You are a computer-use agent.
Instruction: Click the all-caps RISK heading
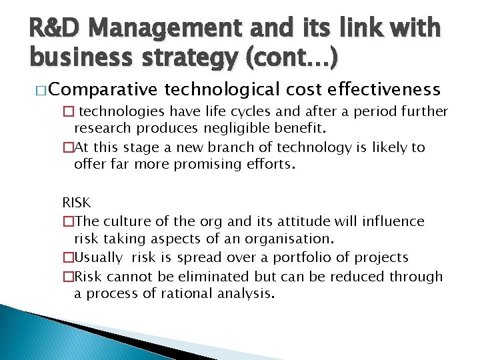(x=76, y=202)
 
